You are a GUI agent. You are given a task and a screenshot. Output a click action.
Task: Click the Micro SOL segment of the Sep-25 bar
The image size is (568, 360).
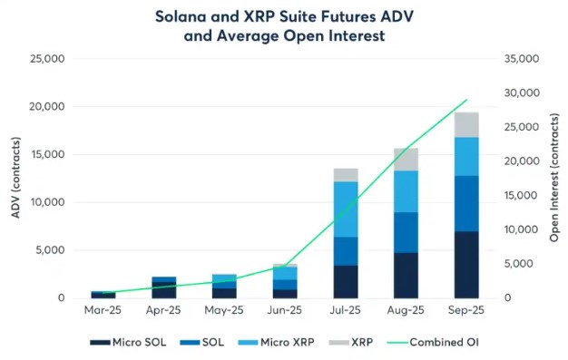(466, 265)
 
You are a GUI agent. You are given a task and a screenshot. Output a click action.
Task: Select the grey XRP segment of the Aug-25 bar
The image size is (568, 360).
(406, 160)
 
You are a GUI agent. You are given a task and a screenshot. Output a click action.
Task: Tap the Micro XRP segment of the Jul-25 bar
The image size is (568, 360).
(346, 209)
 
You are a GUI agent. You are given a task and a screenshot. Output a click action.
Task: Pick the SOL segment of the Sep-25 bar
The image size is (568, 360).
(466, 203)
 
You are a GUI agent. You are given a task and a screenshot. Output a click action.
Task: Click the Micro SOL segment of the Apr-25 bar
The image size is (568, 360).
(164, 290)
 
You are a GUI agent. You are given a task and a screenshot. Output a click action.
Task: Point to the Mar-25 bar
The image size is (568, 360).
(103, 295)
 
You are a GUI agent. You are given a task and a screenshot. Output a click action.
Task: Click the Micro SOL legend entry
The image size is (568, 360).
(128, 342)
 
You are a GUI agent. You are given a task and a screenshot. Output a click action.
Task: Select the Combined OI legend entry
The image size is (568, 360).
(433, 342)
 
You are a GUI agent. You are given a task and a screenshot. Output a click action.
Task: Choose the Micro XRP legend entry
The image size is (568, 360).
(276, 342)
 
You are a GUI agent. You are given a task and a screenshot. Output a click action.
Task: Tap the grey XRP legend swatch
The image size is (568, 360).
(339, 342)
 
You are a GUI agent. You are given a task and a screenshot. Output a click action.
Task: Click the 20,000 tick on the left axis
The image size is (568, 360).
(47, 106)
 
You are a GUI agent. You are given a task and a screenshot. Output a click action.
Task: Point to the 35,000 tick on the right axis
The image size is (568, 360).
(522, 58)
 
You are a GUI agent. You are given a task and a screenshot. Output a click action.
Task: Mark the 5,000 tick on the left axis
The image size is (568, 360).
(50, 250)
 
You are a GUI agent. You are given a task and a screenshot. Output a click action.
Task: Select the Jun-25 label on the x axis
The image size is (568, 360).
(285, 310)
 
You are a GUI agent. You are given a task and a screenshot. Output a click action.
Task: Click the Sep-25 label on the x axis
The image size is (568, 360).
(466, 310)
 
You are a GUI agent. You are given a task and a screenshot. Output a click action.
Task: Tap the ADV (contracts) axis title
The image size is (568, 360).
(15, 178)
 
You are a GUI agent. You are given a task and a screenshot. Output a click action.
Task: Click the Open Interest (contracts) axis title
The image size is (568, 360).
(554, 178)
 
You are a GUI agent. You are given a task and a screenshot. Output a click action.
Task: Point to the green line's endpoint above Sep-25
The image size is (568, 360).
(467, 100)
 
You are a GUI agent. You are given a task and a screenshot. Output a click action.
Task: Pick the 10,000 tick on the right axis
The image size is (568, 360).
(522, 229)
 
